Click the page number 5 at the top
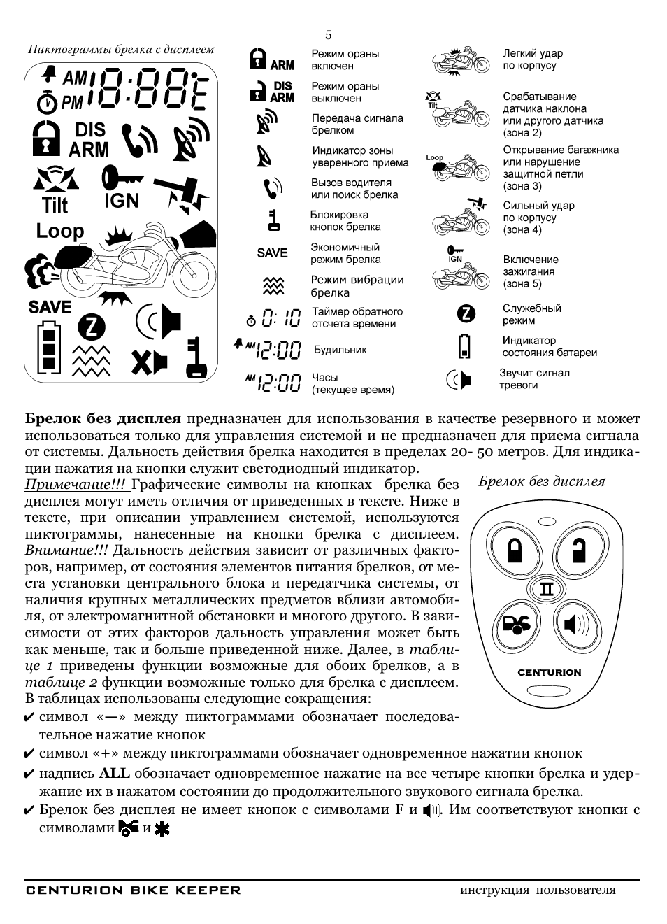pos(329,35)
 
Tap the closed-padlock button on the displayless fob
pos(515,549)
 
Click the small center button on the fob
pos(547,589)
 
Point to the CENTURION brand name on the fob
pos(549,672)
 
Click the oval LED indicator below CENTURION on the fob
pos(548,693)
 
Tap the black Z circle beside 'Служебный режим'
pos(466,314)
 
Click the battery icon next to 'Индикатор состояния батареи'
pos(464,346)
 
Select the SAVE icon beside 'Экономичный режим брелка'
pos(272,253)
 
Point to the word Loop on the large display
pos(60,231)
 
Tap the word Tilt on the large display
pos(55,206)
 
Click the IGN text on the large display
pos(122,201)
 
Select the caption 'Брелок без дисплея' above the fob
pos(542,481)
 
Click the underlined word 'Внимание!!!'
pos(66,550)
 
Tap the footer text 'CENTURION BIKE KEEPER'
pos(133,890)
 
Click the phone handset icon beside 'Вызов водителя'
pos(272,188)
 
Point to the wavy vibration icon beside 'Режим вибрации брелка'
pos(272,285)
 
